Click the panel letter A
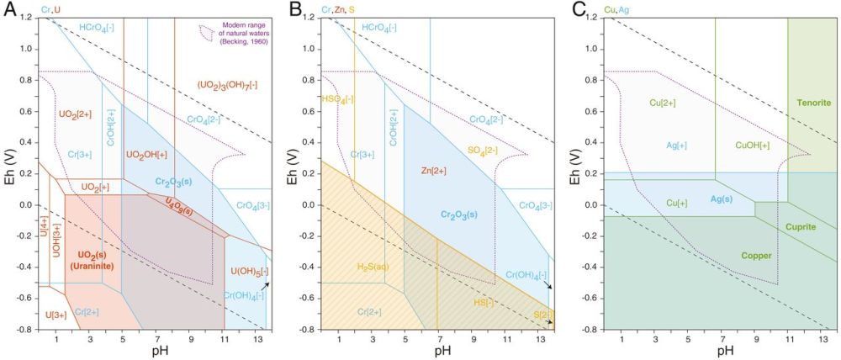[8, 10]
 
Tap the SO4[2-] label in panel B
[483, 150]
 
